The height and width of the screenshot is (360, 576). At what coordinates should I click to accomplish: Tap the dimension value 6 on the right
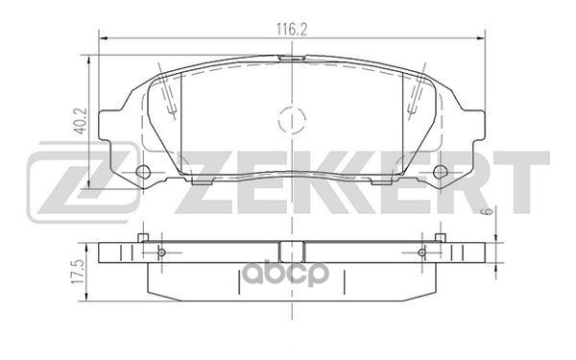(488, 210)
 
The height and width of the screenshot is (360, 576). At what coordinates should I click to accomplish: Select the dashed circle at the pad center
(290, 122)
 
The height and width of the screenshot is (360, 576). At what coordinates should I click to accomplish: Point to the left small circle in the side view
(159, 253)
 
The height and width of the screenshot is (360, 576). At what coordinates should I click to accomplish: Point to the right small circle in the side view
(421, 253)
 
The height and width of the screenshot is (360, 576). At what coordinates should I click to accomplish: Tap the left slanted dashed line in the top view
(170, 96)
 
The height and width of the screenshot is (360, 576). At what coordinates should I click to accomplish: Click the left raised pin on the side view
(141, 236)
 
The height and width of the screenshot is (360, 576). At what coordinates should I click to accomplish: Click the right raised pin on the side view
(440, 236)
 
